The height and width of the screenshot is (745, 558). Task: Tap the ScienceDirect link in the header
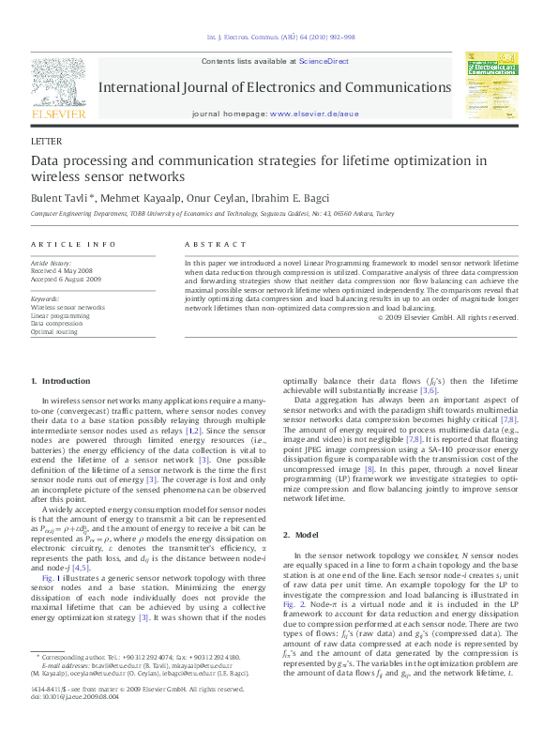coord(324,61)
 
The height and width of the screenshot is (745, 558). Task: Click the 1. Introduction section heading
coord(61,381)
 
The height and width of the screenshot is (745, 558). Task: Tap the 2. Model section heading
coord(305,534)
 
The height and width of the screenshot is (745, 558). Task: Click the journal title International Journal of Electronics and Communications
coord(274,87)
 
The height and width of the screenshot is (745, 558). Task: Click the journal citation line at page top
coord(279,38)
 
